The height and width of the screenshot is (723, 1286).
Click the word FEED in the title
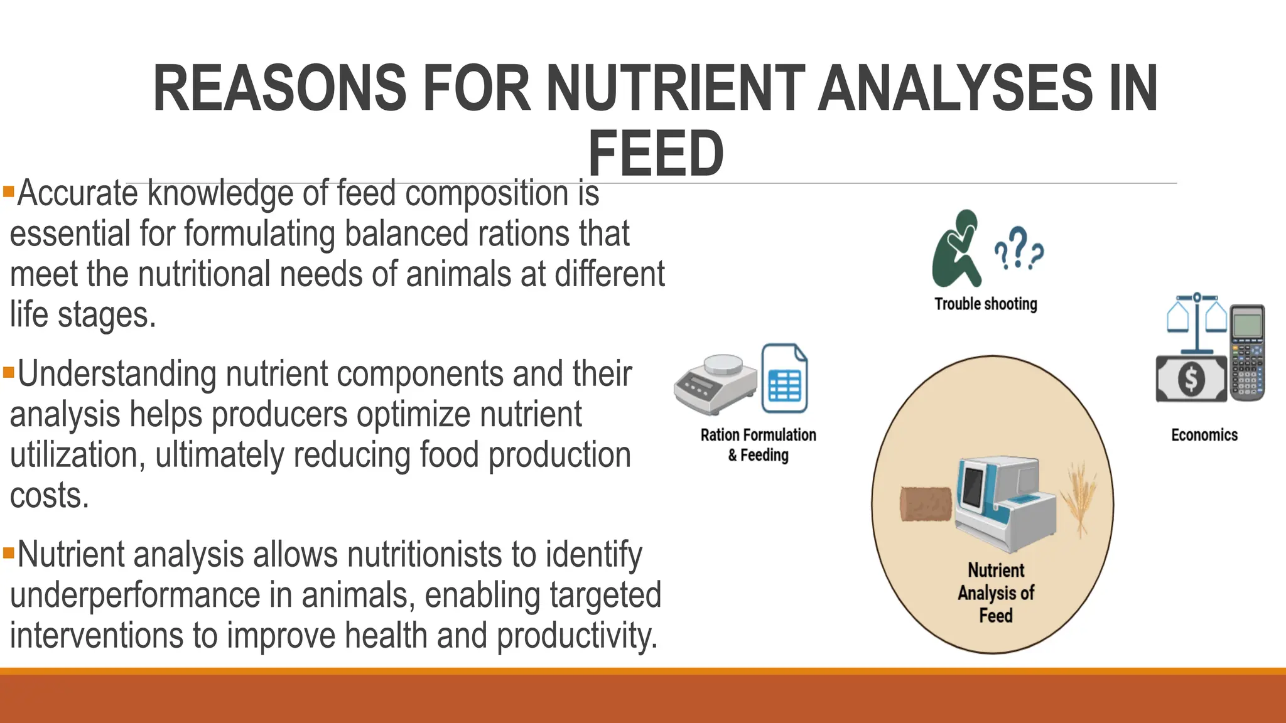[656, 153]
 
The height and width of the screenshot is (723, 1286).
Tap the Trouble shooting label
[985, 304]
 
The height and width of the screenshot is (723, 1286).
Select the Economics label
[1204, 435]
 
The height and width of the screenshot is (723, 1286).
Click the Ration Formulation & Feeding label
[758, 444]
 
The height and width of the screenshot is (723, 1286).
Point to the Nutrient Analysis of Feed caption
[996, 592]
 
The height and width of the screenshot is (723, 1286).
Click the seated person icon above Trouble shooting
[956, 249]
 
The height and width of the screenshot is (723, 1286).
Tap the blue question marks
[1019, 249]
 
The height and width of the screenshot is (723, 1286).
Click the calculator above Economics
[1246, 352]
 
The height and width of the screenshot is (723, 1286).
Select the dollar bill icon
[1191, 378]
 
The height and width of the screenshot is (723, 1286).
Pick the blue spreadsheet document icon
[784, 378]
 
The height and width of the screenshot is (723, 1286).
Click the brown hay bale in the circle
[925, 504]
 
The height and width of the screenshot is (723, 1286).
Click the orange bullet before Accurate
[8, 190]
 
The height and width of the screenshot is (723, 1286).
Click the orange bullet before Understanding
[8, 372]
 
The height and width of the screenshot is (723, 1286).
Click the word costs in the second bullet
[50, 496]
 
